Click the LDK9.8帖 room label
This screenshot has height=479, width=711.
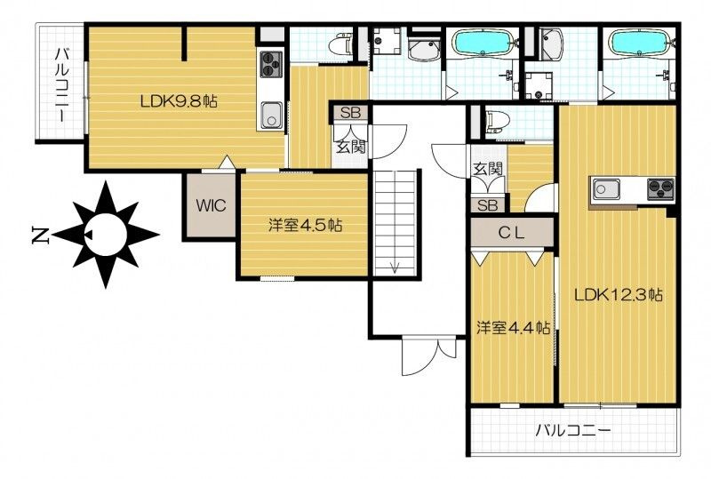tap(178, 101)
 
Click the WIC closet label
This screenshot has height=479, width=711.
tap(211, 205)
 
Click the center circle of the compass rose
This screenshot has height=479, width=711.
tap(106, 235)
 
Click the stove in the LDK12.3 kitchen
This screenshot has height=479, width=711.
tap(661, 188)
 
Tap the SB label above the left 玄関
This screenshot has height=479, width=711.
tap(350, 113)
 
